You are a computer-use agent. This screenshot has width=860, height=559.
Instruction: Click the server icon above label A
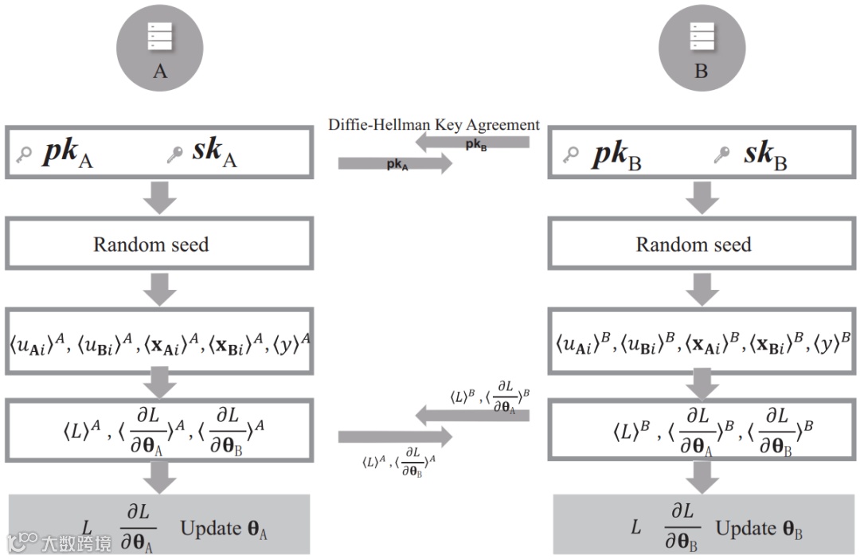[x=160, y=35]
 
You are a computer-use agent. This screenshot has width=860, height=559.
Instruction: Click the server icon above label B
[x=702, y=35]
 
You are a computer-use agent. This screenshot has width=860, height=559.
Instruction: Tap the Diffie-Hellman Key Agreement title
[x=434, y=125]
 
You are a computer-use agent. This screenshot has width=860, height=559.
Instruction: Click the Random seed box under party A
[x=157, y=244]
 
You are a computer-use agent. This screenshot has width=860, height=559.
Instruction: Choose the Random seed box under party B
[x=700, y=244]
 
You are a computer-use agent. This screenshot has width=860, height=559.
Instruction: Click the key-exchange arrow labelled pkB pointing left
[x=475, y=143]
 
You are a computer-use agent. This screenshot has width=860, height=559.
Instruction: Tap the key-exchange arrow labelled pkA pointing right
[x=395, y=164]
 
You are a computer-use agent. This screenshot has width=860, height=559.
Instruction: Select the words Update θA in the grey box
[x=224, y=529]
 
